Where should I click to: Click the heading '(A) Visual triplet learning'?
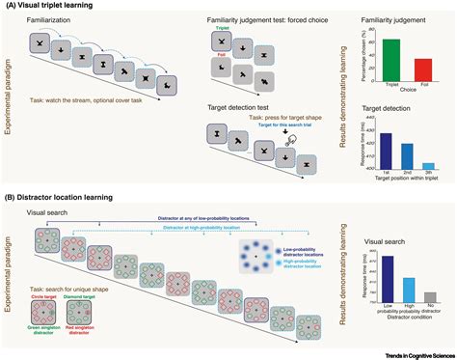58,7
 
